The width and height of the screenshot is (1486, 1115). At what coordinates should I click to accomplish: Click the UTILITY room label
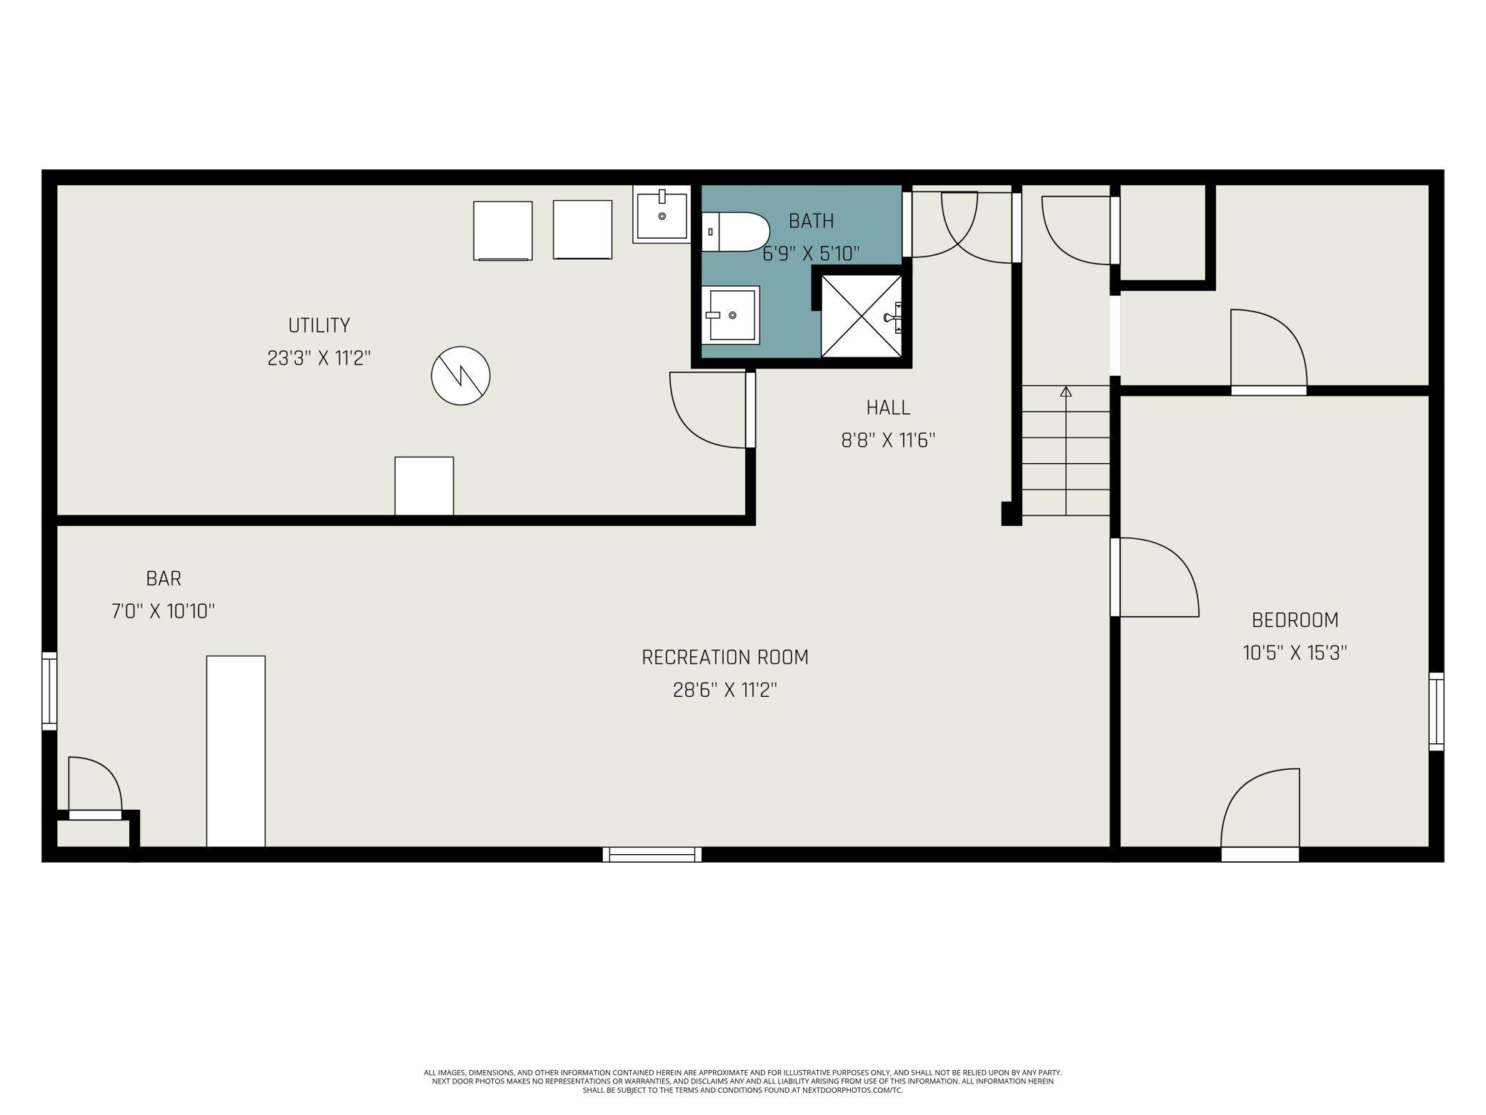pyautogui.click(x=319, y=325)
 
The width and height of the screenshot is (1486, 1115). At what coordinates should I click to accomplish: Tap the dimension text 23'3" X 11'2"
pyautogui.click(x=319, y=358)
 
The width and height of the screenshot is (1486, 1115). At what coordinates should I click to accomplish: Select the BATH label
pyautogui.click(x=811, y=221)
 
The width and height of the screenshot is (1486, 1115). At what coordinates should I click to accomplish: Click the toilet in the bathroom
pyautogui.click(x=736, y=232)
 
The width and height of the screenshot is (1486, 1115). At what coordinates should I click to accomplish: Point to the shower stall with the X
pyautogui.click(x=861, y=316)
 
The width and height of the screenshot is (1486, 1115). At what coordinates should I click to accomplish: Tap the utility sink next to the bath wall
pyautogui.click(x=662, y=214)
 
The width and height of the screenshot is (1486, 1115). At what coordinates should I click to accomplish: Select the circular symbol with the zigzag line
pyautogui.click(x=461, y=375)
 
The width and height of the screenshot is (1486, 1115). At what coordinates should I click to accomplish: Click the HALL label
pyautogui.click(x=888, y=407)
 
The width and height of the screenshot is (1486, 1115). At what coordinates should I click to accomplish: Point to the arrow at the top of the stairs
pyautogui.click(x=1066, y=391)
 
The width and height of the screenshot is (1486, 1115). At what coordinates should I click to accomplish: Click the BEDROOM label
pyautogui.click(x=1295, y=620)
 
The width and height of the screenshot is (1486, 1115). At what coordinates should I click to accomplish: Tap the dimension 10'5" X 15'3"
pyautogui.click(x=1295, y=653)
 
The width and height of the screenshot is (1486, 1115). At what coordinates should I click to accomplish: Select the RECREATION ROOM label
pyautogui.click(x=724, y=657)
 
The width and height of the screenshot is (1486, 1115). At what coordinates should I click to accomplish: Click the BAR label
pyautogui.click(x=164, y=578)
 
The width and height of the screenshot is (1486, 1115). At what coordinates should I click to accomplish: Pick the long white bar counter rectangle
pyautogui.click(x=236, y=750)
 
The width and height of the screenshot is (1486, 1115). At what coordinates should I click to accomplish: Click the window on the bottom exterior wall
pyautogui.click(x=652, y=854)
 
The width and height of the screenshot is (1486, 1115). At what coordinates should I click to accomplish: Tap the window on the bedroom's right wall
pyautogui.click(x=1436, y=711)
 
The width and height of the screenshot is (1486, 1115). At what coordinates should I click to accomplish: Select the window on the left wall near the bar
pyautogui.click(x=49, y=690)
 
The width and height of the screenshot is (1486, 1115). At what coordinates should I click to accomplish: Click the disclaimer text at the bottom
pyautogui.click(x=742, y=1081)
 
